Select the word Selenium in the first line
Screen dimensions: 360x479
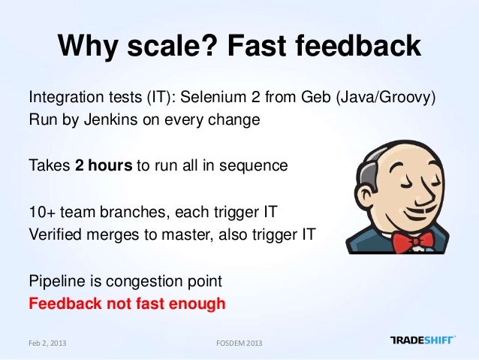click(x=222, y=98)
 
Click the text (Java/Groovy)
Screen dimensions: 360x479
click(x=389, y=98)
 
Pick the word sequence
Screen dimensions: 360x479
click(x=257, y=165)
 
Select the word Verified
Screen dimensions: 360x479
click(x=56, y=233)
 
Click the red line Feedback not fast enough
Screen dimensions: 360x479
click(x=126, y=304)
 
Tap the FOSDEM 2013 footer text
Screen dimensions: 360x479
click(x=239, y=343)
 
